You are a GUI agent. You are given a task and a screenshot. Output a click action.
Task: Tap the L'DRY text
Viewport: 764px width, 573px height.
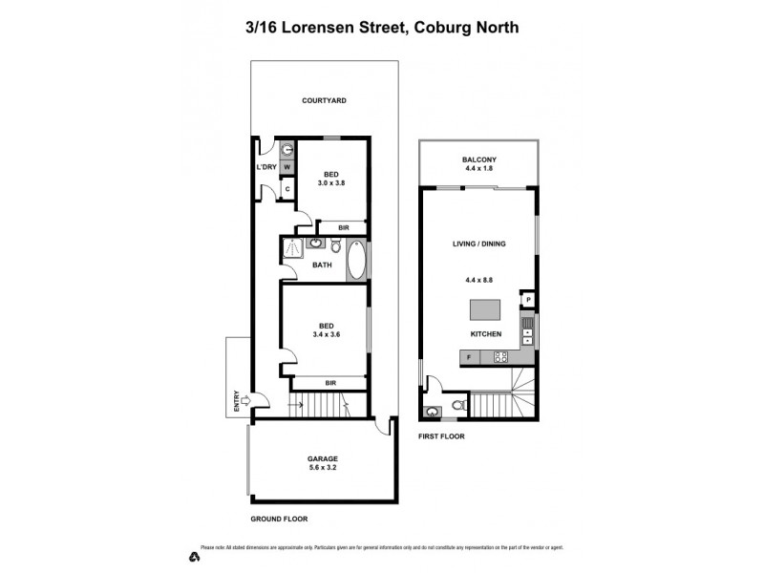tap(266, 168)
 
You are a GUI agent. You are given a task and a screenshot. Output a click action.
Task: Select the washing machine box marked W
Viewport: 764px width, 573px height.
tap(286, 167)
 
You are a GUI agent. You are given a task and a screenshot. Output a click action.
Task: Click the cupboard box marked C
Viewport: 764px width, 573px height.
tap(286, 188)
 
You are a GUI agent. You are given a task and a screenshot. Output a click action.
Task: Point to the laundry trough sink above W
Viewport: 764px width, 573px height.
tap(286, 148)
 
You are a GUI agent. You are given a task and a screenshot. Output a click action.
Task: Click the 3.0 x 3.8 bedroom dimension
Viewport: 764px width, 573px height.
tap(330, 182)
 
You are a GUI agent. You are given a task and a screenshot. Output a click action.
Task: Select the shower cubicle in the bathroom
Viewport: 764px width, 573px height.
tap(292, 248)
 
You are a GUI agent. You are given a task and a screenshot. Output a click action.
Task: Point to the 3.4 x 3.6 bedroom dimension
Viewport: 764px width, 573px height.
tap(327, 334)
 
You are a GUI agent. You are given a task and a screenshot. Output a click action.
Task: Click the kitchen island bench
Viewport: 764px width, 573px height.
tap(484, 310)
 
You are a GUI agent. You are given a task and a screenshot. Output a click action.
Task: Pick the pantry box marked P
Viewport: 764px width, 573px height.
tap(527, 300)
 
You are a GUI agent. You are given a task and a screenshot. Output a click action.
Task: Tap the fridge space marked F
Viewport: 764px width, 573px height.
tap(469, 357)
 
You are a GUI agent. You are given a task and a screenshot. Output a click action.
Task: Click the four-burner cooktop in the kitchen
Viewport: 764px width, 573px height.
tap(499, 357)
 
